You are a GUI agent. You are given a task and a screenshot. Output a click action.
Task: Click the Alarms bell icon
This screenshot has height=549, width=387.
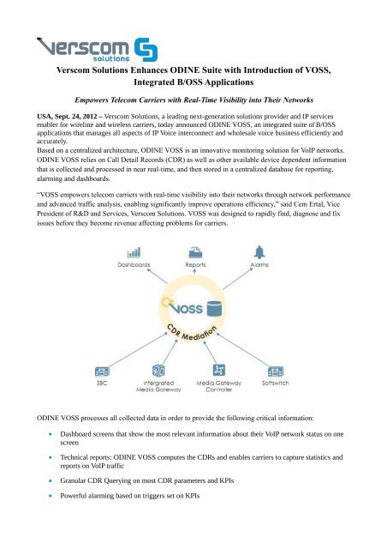(259, 254)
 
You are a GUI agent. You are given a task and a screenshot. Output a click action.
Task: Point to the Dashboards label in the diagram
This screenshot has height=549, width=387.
(134, 267)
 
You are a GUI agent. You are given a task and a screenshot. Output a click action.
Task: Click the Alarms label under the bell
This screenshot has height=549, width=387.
(259, 267)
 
